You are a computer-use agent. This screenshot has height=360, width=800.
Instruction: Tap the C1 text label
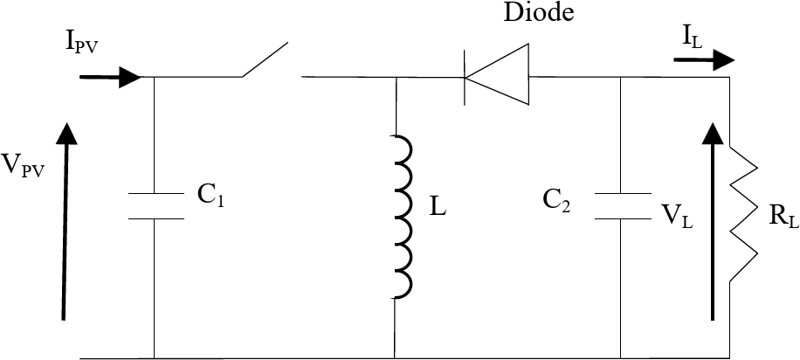point(210,197)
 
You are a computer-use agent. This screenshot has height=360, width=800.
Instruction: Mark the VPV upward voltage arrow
point(64,218)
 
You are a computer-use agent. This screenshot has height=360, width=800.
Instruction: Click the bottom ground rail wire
point(393,358)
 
